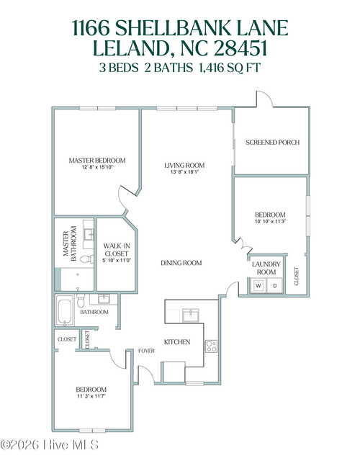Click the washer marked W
258,286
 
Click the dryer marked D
274,286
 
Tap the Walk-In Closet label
116,249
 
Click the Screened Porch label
272,142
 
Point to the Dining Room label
180,263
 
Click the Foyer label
147,351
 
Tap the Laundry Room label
265,268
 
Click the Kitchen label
177,341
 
